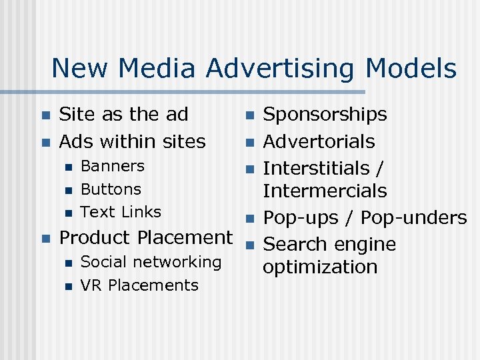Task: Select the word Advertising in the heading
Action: coord(282,69)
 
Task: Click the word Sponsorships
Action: coord(325,115)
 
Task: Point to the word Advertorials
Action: coord(319,141)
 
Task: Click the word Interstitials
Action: coord(317,168)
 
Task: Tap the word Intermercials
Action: coord(325,191)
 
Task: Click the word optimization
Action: coord(320,267)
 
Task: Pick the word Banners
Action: coord(112,166)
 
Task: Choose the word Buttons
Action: coord(111,189)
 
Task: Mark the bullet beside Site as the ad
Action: coord(45,115)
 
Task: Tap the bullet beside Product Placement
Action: coord(45,238)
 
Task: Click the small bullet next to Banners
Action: coord(67,167)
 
